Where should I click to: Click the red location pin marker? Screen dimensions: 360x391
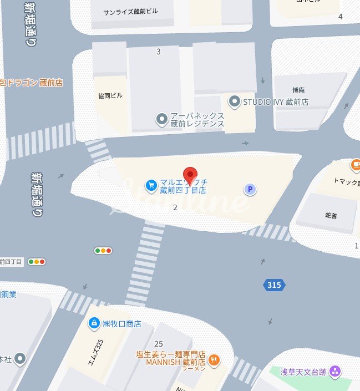click(190, 174)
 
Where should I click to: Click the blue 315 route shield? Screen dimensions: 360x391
click(273, 285)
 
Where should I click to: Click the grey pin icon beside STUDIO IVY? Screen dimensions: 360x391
click(235, 101)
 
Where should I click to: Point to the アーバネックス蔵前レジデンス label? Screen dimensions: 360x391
click(197, 119)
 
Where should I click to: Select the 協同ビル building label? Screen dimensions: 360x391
click(110, 95)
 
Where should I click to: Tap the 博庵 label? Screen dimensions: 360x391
click(299, 90)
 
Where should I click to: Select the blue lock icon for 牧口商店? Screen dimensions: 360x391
click(94, 323)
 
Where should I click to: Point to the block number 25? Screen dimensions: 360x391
click(159, 344)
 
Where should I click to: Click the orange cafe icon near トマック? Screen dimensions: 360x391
click(356, 165)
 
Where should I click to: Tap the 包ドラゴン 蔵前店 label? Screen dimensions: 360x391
click(32, 83)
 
